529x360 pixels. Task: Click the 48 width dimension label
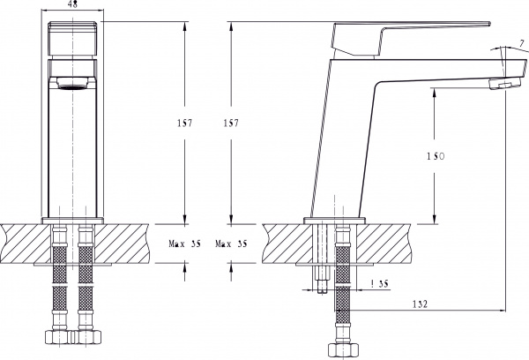[72, 4]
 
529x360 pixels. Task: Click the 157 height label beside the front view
[184, 123]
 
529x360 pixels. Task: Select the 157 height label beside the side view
[231, 123]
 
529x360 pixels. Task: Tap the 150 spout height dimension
[436, 156]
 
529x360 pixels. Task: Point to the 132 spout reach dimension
[420, 304]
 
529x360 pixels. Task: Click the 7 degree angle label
[522, 43]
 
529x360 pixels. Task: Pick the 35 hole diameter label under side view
[380, 283]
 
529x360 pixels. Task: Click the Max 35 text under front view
[184, 244]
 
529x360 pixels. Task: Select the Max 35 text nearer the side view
[231, 244]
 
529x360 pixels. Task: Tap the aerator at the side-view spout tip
[505, 83]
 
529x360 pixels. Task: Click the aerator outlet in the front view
[72, 84]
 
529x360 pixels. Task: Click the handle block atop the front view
[72, 38]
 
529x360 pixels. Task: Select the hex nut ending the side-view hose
[343, 350]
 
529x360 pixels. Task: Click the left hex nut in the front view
[59, 337]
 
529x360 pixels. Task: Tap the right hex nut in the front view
[86, 337]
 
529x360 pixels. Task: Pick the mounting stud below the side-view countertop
[322, 280]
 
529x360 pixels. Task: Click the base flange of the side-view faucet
[334, 221]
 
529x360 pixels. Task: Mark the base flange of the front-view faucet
[72, 221]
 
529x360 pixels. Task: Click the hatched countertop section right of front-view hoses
[122, 244]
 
